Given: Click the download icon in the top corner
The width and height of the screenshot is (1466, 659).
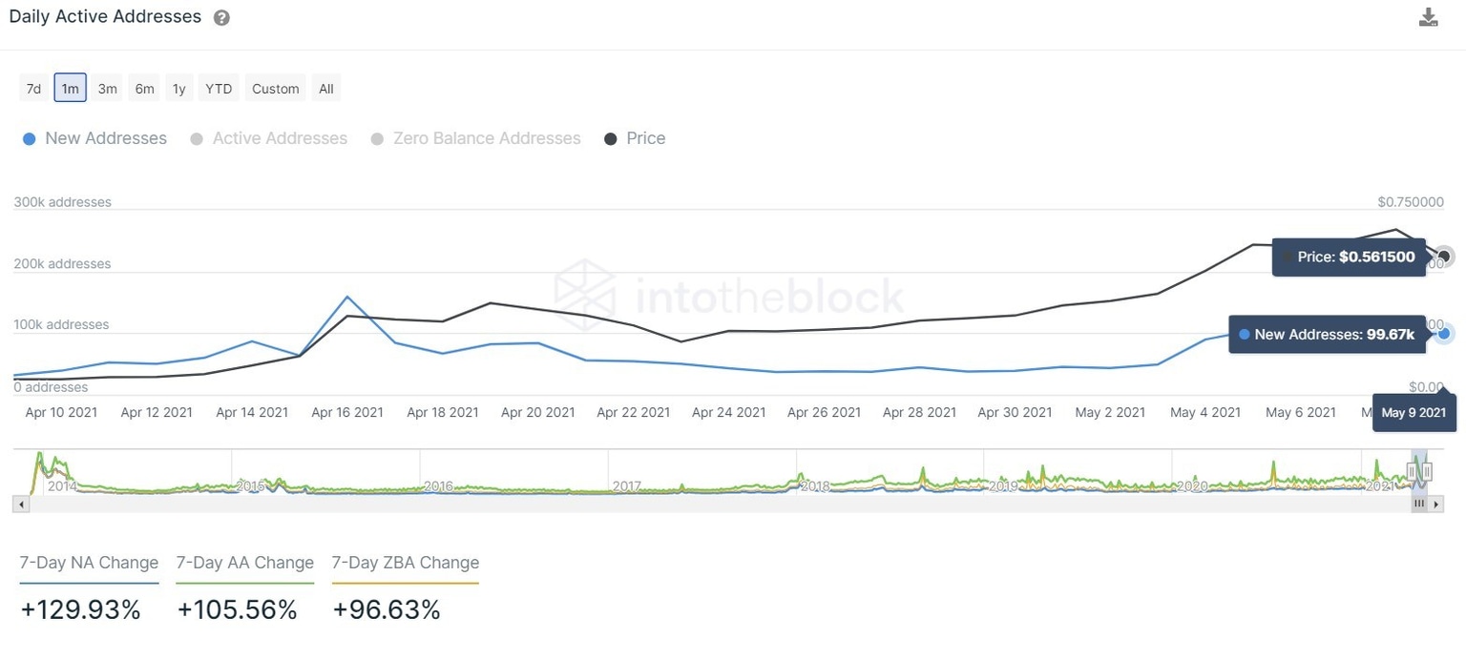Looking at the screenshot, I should pyautogui.click(x=1428, y=17).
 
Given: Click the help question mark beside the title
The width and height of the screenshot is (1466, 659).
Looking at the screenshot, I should pyautogui.click(x=221, y=18).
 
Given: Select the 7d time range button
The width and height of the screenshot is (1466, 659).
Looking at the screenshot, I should pyautogui.click(x=33, y=89).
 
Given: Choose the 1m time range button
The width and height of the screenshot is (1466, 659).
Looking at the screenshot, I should pyautogui.click(x=71, y=89).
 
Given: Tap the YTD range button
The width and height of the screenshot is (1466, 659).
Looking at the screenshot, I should pyautogui.click(x=219, y=89).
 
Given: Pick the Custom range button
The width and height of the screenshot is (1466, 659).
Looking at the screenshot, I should pyautogui.click(x=276, y=89).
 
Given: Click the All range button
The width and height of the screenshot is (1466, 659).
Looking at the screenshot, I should pyautogui.click(x=326, y=89).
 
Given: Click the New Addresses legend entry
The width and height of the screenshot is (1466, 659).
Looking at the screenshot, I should pyautogui.click(x=94, y=138).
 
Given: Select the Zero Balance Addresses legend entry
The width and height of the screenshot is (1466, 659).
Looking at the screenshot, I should pyautogui.click(x=475, y=138).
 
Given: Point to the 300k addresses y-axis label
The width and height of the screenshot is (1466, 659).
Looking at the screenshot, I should pyautogui.click(x=62, y=202).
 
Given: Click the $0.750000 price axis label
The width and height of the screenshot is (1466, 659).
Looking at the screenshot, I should pyautogui.click(x=1411, y=202).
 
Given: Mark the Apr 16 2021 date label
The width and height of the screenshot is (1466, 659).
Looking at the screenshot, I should pyautogui.click(x=347, y=413).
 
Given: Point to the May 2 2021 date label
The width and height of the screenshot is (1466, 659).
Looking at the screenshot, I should pyautogui.click(x=1110, y=413).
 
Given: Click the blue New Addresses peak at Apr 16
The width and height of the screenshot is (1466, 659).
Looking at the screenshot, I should pyautogui.click(x=346, y=297).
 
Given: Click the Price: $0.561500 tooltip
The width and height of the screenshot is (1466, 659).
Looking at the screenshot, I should pyautogui.click(x=1349, y=257).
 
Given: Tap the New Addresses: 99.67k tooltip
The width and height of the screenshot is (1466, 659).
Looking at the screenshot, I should pyautogui.click(x=1327, y=335).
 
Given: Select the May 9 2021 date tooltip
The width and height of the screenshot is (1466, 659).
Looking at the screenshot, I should pyautogui.click(x=1414, y=413).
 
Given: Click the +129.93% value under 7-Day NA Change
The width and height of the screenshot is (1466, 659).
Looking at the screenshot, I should pyautogui.click(x=80, y=610).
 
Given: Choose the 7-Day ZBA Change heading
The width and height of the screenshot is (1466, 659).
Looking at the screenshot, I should pyautogui.click(x=406, y=563).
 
